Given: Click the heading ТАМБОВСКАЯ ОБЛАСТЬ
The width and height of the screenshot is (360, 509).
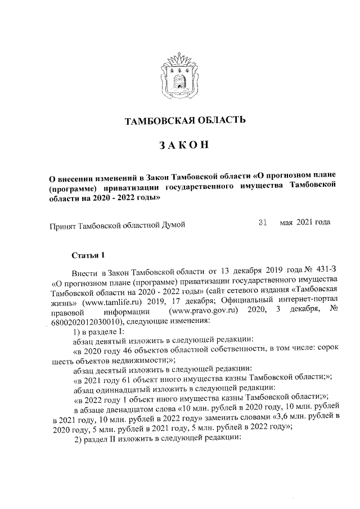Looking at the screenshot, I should tap(184, 120).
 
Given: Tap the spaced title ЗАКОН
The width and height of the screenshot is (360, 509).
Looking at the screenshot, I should tap(184, 145).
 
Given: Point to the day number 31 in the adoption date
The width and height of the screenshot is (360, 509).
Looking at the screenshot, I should tap(262, 222).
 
